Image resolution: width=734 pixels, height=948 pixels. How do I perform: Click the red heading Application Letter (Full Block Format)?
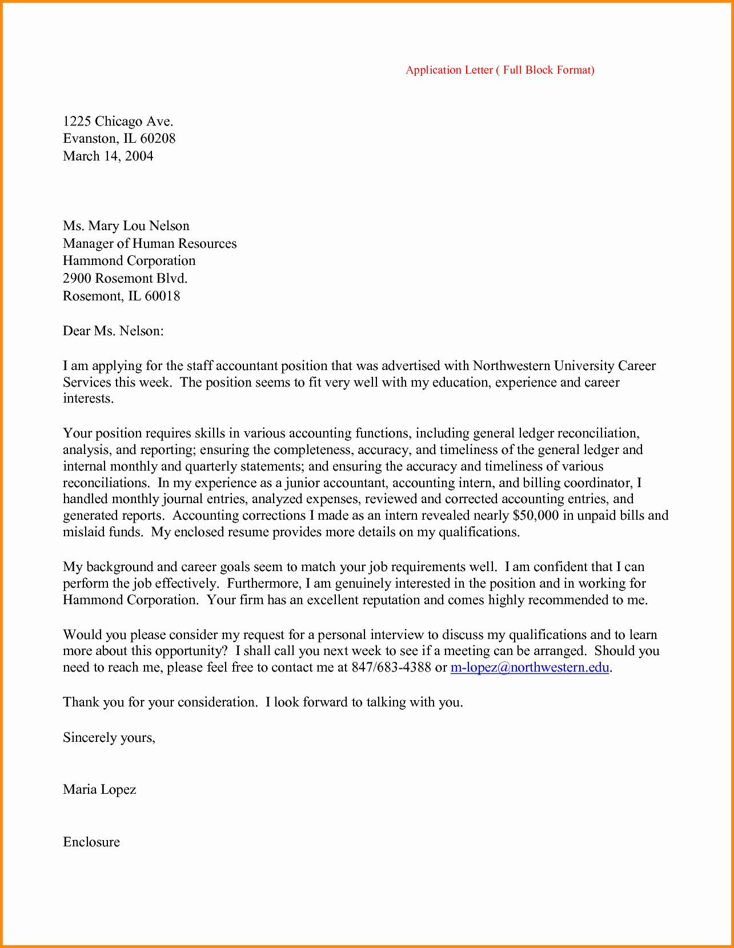(x=500, y=70)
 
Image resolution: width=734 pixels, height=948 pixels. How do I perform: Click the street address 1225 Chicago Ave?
(x=118, y=121)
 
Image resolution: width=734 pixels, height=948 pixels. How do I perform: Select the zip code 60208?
(x=158, y=138)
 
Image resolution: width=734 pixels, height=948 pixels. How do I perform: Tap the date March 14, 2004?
(x=108, y=156)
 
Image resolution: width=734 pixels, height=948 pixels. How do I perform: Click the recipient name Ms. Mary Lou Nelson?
(x=126, y=226)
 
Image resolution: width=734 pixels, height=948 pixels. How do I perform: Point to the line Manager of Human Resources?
(x=150, y=243)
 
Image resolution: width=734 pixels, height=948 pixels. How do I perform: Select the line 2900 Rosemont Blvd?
(x=125, y=278)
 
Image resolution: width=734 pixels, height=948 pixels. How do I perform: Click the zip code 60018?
(x=162, y=296)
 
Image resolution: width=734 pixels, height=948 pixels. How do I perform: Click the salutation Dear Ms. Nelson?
(x=113, y=331)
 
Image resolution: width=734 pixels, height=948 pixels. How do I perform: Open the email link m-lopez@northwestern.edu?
(x=530, y=667)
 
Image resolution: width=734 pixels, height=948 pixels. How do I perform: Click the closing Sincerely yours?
(x=109, y=737)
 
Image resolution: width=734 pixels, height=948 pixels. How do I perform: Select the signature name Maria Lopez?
(x=99, y=789)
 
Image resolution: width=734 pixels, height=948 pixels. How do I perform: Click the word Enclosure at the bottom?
(x=91, y=842)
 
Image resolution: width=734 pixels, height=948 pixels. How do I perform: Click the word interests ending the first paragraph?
(x=87, y=398)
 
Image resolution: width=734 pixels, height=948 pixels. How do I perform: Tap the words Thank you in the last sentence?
(x=93, y=702)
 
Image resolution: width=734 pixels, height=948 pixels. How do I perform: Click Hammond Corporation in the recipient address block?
(x=129, y=260)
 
